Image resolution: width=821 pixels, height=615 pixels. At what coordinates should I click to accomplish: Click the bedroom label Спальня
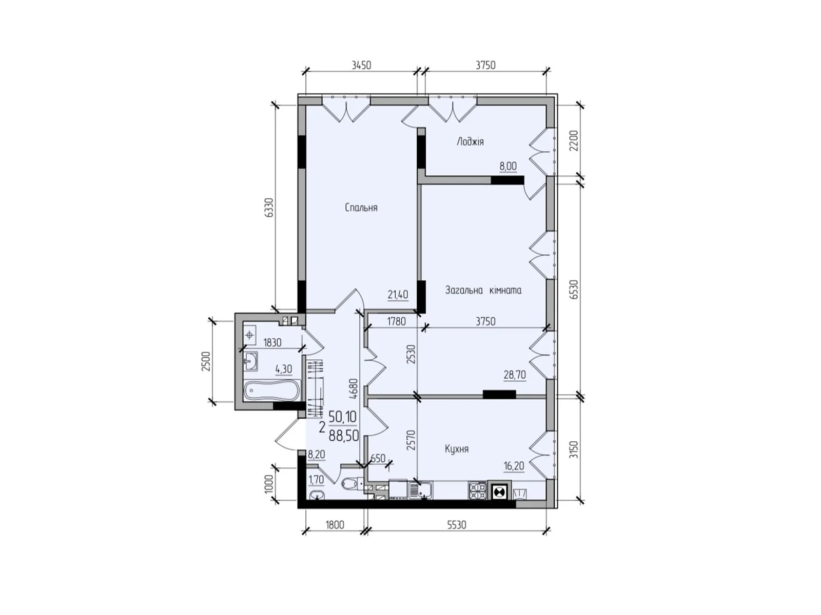click(x=361, y=207)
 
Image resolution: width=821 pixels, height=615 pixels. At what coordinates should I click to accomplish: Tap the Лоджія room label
click(x=470, y=141)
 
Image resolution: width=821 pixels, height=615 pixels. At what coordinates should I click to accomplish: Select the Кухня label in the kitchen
click(x=457, y=448)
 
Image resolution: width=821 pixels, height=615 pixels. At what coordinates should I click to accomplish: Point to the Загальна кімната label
click(x=483, y=290)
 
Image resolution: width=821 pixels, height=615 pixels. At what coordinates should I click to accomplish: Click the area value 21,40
click(x=398, y=295)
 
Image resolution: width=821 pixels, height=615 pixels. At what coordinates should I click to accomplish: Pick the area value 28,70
click(x=515, y=375)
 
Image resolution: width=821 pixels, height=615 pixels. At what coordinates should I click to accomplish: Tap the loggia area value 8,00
click(x=508, y=166)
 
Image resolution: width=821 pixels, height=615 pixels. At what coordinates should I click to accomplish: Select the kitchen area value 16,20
click(x=514, y=466)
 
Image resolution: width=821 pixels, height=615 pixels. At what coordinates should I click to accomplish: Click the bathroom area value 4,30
click(x=284, y=370)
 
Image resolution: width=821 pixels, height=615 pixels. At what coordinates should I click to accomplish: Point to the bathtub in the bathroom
click(x=272, y=391)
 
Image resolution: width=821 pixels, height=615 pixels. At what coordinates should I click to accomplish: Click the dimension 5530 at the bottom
click(x=457, y=525)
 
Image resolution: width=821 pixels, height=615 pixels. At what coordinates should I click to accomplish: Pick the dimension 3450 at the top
click(x=361, y=65)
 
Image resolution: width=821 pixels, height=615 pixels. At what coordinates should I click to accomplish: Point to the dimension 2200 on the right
click(x=574, y=140)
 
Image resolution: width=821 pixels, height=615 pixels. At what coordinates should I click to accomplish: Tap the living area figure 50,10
click(x=343, y=416)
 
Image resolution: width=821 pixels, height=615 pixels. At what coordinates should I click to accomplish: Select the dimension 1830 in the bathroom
click(x=272, y=342)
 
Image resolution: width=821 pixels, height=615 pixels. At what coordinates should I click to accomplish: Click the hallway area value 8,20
click(x=317, y=455)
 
